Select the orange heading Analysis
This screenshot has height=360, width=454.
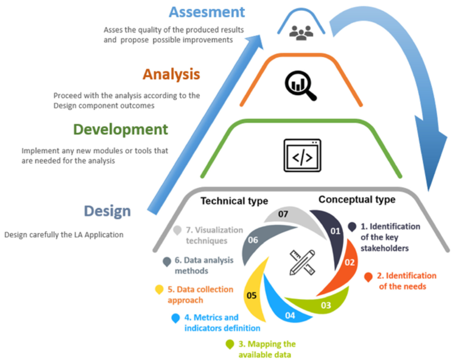[x=171, y=74]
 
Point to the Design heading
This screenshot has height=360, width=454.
[x=107, y=211]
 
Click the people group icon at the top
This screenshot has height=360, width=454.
[x=301, y=31]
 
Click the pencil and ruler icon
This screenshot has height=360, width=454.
[x=302, y=262]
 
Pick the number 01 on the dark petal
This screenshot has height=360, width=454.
[x=334, y=231]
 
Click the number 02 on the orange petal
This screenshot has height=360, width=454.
[x=350, y=263]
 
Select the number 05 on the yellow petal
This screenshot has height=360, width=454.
[x=251, y=295]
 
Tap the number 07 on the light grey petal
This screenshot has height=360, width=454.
[x=283, y=215]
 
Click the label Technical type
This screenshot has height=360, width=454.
[x=234, y=201]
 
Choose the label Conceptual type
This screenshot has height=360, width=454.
[x=357, y=200]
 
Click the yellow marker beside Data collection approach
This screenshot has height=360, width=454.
[x=159, y=290]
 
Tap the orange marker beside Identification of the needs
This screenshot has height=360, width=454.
[x=368, y=277]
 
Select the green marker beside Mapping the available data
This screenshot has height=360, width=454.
[x=230, y=344]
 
